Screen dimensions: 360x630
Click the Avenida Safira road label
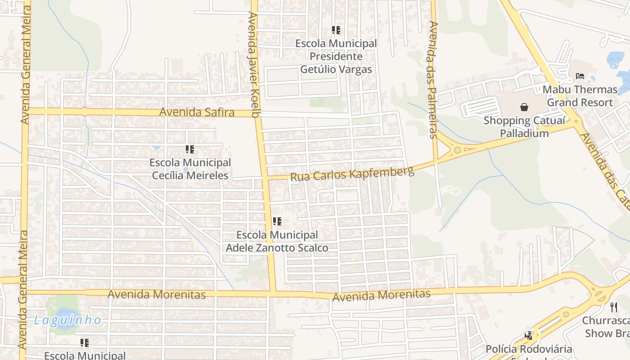pyautogui.click(x=197, y=112)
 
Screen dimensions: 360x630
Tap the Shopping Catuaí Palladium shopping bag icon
pyautogui.click(x=524, y=107)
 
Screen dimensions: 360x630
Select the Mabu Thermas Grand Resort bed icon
pyautogui.click(x=580, y=76)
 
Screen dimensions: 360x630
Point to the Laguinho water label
pyautogui.click(x=67, y=320)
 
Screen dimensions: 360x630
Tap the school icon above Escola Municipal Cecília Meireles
pyautogui.click(x=190, y=149)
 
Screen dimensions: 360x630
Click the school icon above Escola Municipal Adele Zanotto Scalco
pyautogui.click(x=277, y=221)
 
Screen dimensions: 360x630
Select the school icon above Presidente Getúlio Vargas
pyautogui.click(x=336, y=31)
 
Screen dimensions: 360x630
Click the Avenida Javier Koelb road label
pyautogui.click(x=254, y=65)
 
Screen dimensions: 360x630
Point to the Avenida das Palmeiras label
pyautogui.click(x=433, y=80)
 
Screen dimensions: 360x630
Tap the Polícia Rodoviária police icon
pyautogui.click(x=529, y=336)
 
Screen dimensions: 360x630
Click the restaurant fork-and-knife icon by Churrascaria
pyautogui.click(x=614, y=307)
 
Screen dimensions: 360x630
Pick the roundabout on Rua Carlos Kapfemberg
pyautogui.click(x=458, y=150)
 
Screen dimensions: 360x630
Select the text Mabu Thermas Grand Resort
pyautogui.click(x=580, y=96)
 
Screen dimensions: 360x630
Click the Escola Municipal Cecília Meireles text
pyautogui.click(x=190, y=169)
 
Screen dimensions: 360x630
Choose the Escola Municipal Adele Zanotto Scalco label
pyautogui.click(x=277, y=241)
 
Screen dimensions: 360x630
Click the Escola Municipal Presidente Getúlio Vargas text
pyautogui.click(x=336, y=56)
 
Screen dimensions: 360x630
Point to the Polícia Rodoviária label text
pyautogui.click(x=529, y=349)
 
